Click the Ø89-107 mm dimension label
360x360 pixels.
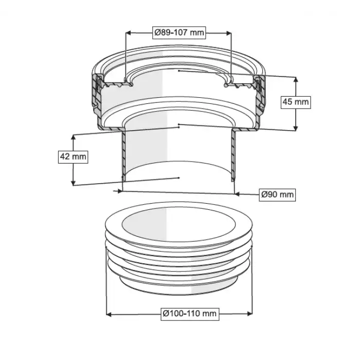[x=179, y=32]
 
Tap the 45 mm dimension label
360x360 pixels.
[x=296, y=102]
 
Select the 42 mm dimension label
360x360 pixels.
[x=73, y=157]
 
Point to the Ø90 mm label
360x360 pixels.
[x=277, y=195]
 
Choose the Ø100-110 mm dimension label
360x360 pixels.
[x=190, y=314]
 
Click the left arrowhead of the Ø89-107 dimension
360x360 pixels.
[x=129, y=33]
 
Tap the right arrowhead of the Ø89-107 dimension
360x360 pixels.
[x=228, y=33]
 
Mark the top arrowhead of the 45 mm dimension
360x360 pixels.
[x=296, y=79]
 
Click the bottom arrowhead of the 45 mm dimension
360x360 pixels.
[x=296, y=128]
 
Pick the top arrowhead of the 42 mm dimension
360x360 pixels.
[x=73, y=137]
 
